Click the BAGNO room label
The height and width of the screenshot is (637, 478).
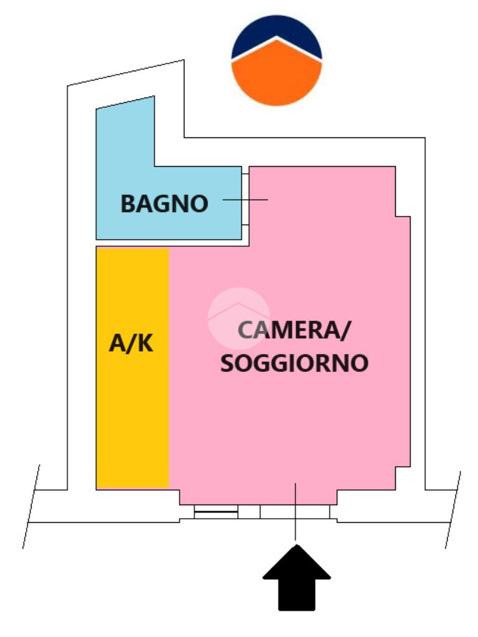(x=164, y=203)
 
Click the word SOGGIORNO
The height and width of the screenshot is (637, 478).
(x=294, y=363)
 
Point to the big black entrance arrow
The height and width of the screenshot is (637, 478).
(x=296, y=579)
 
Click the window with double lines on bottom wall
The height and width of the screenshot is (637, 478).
(x=216, y=512)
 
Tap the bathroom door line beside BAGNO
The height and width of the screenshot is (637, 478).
(x=245, y=200)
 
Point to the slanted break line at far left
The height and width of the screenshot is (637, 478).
(x=31, y=506)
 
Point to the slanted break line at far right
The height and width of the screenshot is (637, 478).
(x=453, y=510)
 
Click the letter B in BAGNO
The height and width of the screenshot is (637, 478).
(x=128, y=203)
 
